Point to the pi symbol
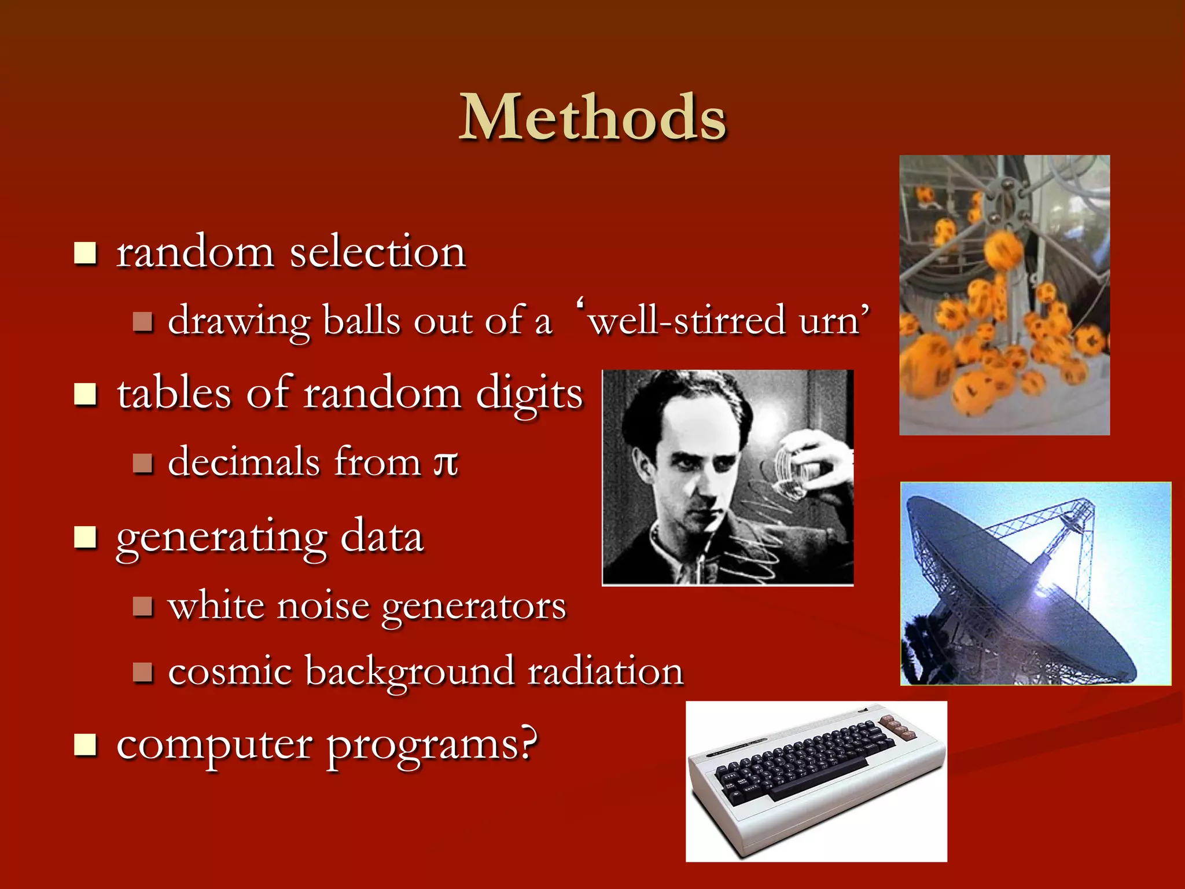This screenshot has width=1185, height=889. pos(446,463)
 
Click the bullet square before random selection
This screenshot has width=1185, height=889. pos(86,253)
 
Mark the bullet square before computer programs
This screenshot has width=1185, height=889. pos(86,745)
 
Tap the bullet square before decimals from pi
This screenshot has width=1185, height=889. pos(142,463)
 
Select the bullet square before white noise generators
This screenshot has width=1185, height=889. pos(142,607)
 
